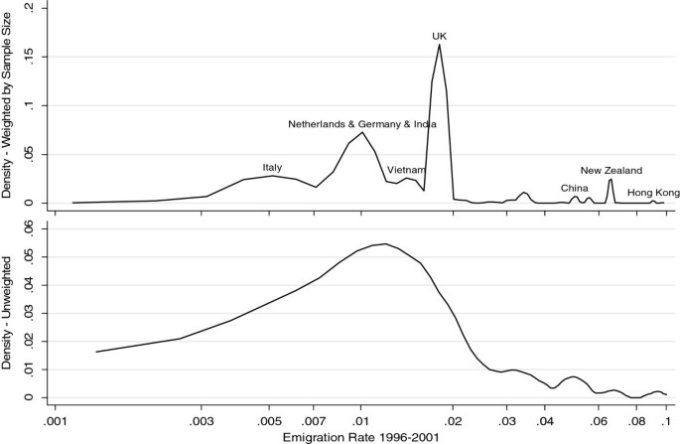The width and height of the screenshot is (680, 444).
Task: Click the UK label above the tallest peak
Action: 439,37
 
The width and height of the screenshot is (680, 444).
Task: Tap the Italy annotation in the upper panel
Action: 272,167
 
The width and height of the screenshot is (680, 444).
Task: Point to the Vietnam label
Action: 406,170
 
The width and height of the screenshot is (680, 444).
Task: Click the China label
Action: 574,188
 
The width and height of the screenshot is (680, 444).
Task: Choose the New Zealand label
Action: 612,171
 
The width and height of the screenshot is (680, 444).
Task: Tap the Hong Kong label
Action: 652,193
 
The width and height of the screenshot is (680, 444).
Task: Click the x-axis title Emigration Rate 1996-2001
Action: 359,436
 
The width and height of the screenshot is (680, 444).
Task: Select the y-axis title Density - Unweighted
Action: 8,313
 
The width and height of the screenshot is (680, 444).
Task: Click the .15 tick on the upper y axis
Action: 30,56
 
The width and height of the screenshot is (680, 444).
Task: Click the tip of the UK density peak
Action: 439,44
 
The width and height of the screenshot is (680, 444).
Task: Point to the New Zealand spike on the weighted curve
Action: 611,180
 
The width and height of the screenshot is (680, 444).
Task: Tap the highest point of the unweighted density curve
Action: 384,243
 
